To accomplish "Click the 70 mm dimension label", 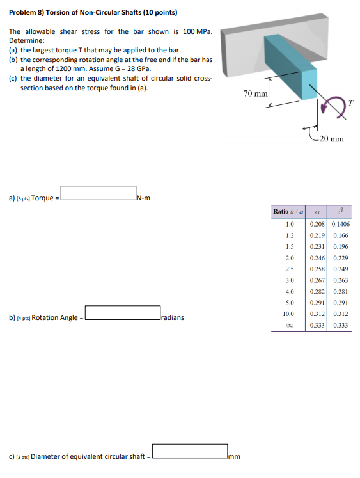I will [x=256, y=94].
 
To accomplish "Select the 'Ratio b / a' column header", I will [x=288, y=211].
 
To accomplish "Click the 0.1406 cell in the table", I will [x=340, y=225].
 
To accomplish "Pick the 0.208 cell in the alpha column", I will [x=317, y=225].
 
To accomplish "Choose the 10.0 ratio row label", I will [x=288, y=314].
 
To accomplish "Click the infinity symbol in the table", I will [x=288, y=325].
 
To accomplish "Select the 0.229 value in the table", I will [x=340, y=258].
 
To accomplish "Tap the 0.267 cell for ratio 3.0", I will [x=317, y=280].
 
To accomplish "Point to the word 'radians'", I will [x=173, y=317].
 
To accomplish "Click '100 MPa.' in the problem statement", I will [x=197, y=31].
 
